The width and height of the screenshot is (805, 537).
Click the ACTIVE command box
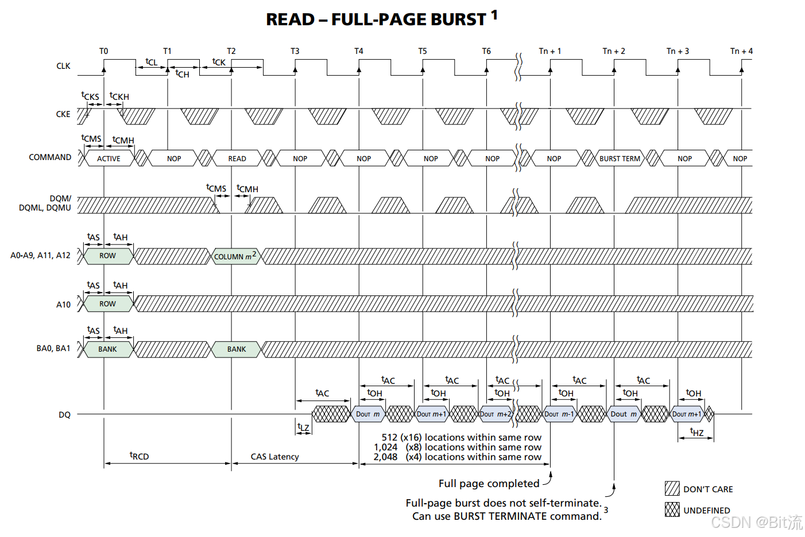coord(109,158)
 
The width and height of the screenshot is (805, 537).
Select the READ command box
coord(237,158)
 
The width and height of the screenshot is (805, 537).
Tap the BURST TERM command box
coord(620,158)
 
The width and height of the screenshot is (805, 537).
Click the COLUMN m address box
coord(235,256)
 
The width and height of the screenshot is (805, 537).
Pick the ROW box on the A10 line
coord(108,303)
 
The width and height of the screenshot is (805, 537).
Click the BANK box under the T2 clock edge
coord(237,349)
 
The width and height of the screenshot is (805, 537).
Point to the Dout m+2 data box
coord(496,414)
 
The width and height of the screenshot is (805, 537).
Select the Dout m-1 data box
coord(559,414)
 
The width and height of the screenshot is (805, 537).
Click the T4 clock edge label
coord(359,51)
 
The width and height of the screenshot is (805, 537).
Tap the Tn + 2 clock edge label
coord(614,51)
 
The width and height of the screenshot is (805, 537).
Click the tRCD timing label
coord(140,456)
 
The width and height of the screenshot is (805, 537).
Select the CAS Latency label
coord(274,457)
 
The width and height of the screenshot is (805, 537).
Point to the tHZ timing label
coord(696,432)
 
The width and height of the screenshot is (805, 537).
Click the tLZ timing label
coord(303,427)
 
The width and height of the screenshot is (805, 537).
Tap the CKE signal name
coord(63,114)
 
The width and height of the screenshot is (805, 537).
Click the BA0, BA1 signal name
coord(53,348)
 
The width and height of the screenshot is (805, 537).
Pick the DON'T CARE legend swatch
coord(672,489)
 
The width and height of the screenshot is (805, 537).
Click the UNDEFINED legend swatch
coord(672,509)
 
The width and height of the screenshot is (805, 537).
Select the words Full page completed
coord(489,484)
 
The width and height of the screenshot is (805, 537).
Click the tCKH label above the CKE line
coord(119,96)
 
